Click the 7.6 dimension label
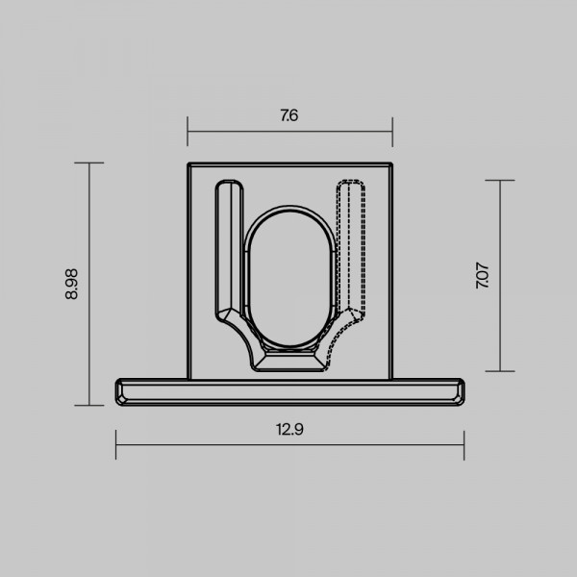coord(289,115)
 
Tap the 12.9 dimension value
coord(289,430)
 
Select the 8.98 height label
coord(71,284)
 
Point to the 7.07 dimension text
coord(482,275)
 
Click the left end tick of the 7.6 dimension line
coord(188,132)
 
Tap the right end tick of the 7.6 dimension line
coord(392,132)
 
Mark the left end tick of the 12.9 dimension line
coord(116,445)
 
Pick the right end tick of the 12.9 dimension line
coord(464,445)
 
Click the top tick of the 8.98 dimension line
coord(89,163)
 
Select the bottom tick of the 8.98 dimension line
coord(89,406)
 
